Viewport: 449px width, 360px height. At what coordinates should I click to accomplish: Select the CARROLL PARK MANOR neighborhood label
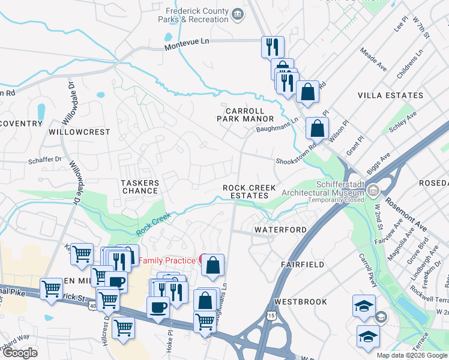click(245, 115)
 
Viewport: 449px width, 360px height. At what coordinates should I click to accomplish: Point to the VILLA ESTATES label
click(390, 95)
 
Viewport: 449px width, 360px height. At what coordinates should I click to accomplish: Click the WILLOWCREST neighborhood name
click(80, 131)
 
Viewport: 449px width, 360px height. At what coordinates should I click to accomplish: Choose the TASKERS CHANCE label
click(140, 187)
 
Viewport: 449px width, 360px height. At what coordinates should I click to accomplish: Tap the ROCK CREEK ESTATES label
click(249, 191)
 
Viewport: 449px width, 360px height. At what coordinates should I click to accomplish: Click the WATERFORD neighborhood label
click(280, 230)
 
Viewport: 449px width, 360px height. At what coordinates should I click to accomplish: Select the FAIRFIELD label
click(303, 264)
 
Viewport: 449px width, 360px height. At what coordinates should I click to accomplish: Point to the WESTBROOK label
click(301, 301)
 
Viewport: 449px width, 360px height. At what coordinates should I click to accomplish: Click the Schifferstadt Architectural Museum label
click(323, 190)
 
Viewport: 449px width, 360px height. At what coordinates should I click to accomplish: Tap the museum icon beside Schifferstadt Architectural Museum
click(373, 191)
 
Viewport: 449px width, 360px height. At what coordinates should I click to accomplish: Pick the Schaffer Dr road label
click(50, 160)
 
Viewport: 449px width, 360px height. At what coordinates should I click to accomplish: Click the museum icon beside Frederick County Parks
click(238, 13)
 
